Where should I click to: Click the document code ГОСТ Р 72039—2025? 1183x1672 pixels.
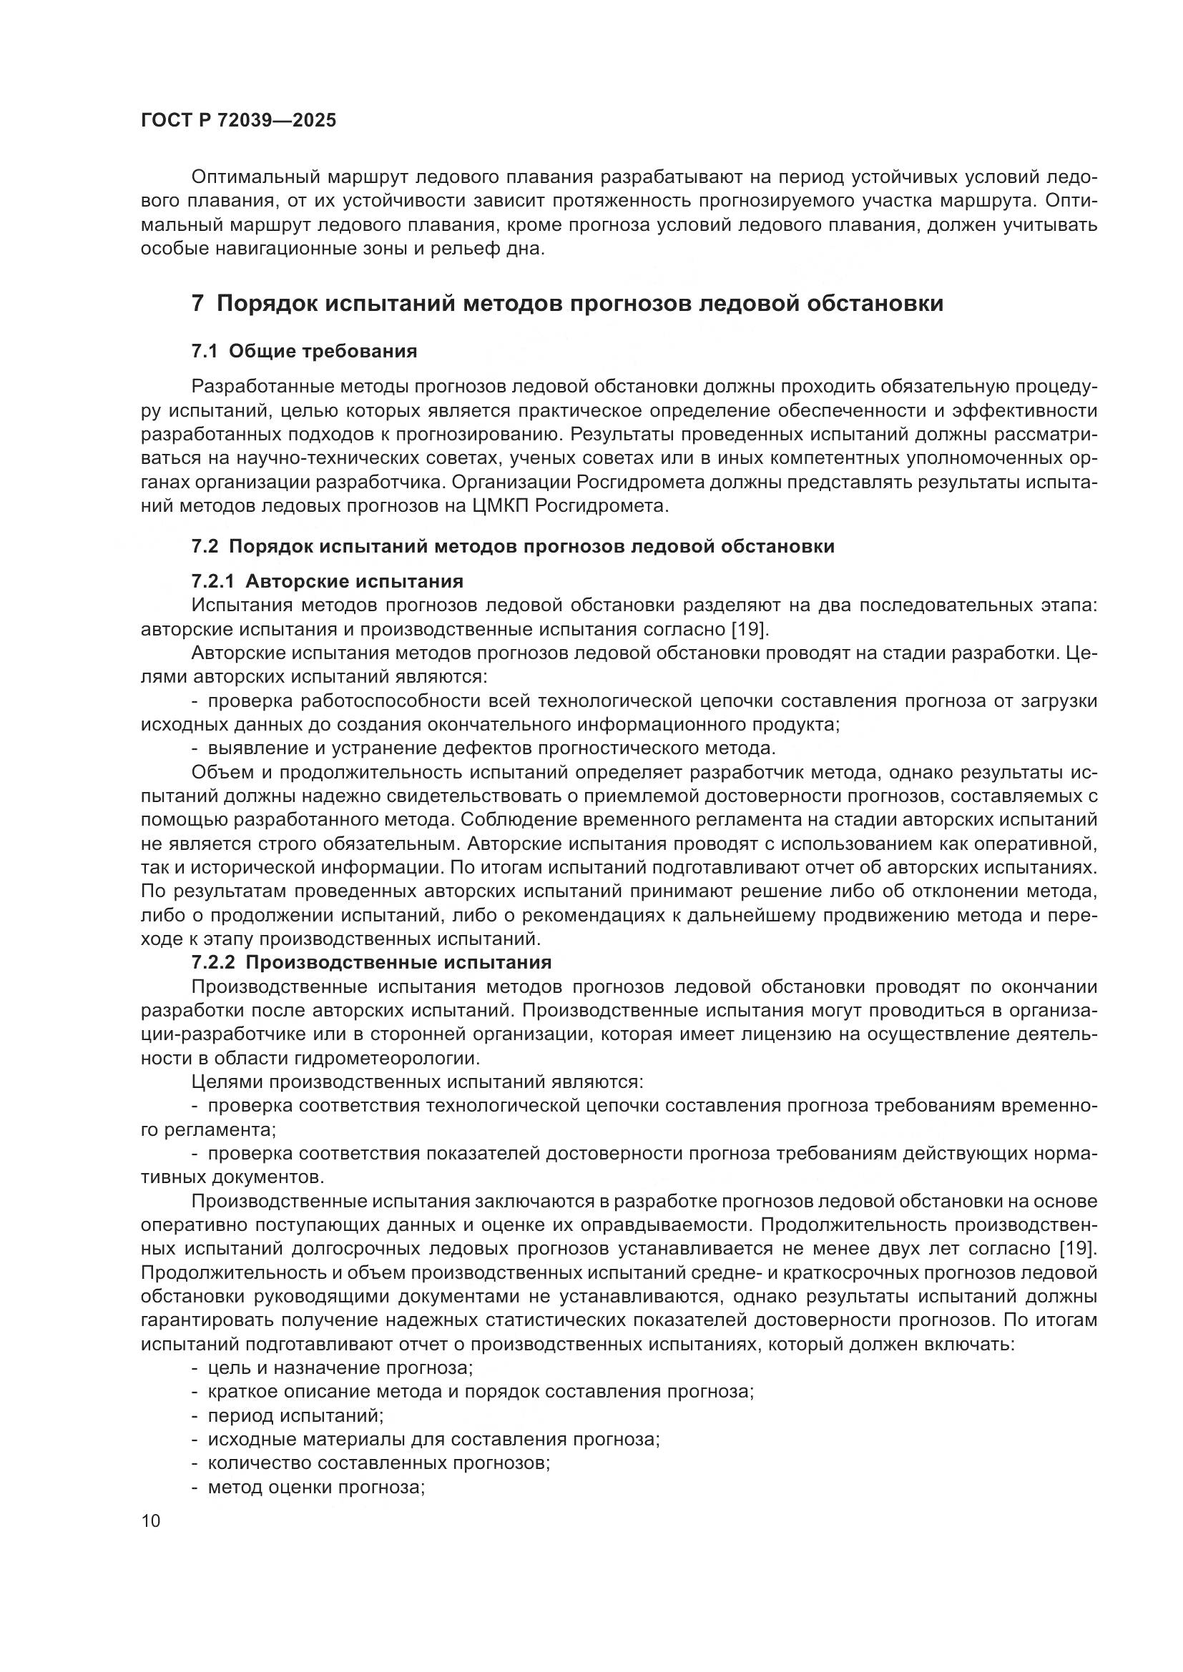238,121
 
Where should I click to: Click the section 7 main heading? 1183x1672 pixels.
566,303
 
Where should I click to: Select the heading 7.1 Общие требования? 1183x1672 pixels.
304,352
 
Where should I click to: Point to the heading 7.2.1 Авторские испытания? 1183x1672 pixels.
327,581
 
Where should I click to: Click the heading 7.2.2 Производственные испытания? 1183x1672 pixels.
370,963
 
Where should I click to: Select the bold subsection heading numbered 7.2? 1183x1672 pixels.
512,546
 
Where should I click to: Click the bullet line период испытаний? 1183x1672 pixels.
294,1415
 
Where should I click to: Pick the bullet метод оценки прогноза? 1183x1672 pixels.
315,1488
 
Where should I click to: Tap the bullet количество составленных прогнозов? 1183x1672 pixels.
378,1464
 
